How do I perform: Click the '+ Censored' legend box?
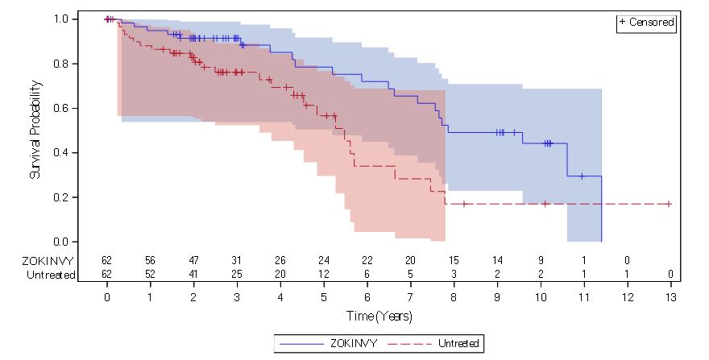pos(646,23)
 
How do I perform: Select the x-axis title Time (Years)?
pos(379,317)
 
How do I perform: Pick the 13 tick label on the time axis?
pos(670,296)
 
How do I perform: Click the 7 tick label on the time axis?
pos(410,296)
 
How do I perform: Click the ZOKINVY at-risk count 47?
pos(193,260)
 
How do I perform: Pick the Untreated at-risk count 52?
pos(150,275)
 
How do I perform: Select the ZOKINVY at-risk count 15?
pos(454,260)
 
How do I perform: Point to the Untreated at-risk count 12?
pos(324,275)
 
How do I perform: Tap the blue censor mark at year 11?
pos(581,176)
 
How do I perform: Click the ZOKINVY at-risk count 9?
pos(541,260)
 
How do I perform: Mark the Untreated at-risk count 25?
pos(237,275)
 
